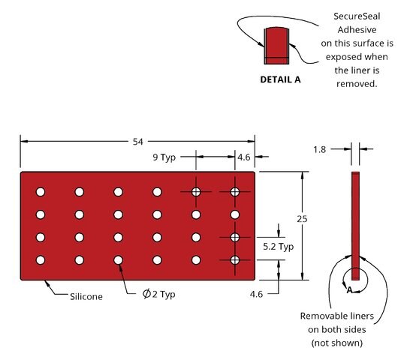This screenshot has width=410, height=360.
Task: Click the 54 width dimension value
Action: click(x=138, y=142)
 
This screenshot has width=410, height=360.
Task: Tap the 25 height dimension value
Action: click(x=302, y=219)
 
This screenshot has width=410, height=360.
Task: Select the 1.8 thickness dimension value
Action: click(x=320, y=149)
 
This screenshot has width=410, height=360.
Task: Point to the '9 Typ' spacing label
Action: click(x=164, y=157)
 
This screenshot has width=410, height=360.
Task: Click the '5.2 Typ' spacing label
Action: click(x=278, y=246)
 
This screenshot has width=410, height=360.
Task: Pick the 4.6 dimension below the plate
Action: click(x=256, y=294)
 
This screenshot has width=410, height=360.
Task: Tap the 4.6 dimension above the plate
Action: click(x=244, y=157)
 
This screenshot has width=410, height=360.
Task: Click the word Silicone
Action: click(x=86, y=296)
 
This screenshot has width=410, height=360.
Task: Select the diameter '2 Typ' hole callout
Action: click(x=158, y=294)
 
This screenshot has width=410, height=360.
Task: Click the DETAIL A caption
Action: click(x=280, y=79)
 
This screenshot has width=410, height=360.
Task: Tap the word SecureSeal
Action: click(x=357, y=16)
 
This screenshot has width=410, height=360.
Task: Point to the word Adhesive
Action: click(x=357, y=30)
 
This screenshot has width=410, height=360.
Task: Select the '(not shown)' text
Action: click(x=336, y=343)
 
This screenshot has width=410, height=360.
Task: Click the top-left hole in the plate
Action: click(x=41, y=192)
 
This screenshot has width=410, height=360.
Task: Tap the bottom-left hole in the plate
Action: click(x=41, y=260)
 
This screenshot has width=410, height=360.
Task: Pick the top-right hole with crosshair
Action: click(x=235, y=192)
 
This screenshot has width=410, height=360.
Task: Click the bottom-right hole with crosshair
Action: click(x=235, y=260)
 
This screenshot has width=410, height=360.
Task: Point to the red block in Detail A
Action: click(x=276, y=46)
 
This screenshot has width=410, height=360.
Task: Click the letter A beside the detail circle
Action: click(x=349, y=290)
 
